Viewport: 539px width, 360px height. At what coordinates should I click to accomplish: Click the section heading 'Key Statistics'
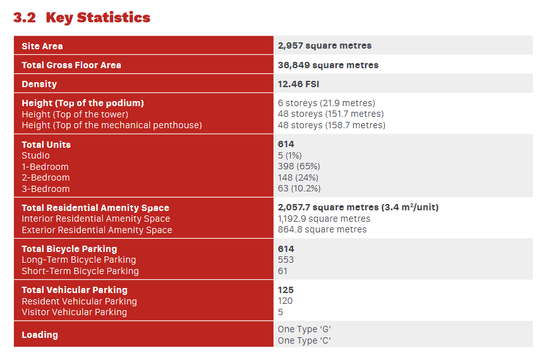click(x=98, y=18)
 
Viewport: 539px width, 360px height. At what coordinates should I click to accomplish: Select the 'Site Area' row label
click(x=42, y=46)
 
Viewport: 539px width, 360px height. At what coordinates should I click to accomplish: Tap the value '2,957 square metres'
click(x=325, y=45)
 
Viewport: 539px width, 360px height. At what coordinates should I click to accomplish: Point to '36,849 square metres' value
click(x=328, y=65)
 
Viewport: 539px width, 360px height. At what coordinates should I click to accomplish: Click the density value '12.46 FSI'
click(x=298, y=84)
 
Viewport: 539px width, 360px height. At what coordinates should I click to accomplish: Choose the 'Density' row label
click(x=39, y=84)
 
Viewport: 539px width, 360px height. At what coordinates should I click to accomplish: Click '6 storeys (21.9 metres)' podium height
click(x=327, y=103)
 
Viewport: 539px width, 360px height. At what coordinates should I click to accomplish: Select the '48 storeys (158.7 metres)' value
click(x=331, y=125)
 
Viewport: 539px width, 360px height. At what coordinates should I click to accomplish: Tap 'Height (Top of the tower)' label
click(x=75, y=114)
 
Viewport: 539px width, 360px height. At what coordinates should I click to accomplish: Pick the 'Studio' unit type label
click(x=36, y=155)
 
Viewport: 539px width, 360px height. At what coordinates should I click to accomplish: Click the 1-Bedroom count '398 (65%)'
click(x=299, y=166)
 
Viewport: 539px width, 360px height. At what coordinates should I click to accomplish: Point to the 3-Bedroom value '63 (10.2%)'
click(x=299, y=188)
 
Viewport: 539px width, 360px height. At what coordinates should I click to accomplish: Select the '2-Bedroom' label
click(x=45, y=177)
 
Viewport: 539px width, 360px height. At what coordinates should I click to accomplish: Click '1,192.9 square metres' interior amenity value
click(x=324, y=219)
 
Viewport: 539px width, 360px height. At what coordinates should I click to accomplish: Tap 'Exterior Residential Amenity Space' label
click(x=97, y=230)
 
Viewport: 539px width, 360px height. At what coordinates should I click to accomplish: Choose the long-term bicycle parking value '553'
click(x=286, y=260)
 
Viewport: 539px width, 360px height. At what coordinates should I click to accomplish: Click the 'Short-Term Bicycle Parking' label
click(x=80, y=271)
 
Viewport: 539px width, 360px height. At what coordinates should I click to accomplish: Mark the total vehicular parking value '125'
click(x=286, y=290)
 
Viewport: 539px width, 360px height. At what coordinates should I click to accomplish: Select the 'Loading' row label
click(x=40, y=335)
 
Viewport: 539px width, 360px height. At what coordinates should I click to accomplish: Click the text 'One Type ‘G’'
click(x=304, y=329)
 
